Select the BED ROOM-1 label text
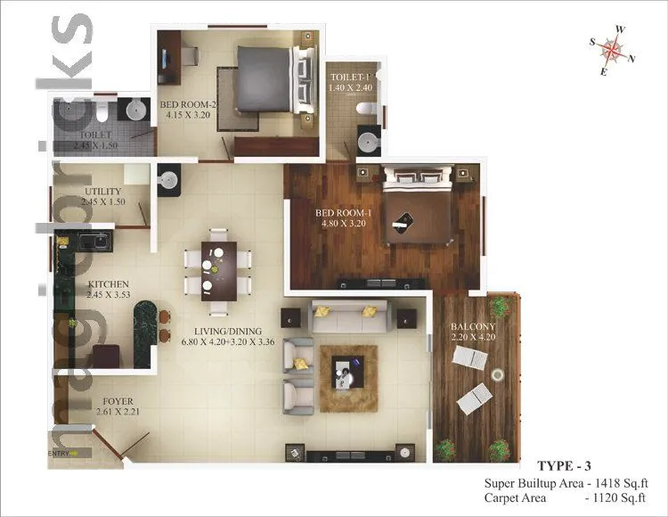click(x=343, y=213)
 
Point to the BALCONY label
click(x=473, y=326)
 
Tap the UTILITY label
click(x=102, y=192)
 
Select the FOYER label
click(x=118, y=401)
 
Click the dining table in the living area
click(x=217, y=269)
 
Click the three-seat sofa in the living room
click(x=349, y=317)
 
